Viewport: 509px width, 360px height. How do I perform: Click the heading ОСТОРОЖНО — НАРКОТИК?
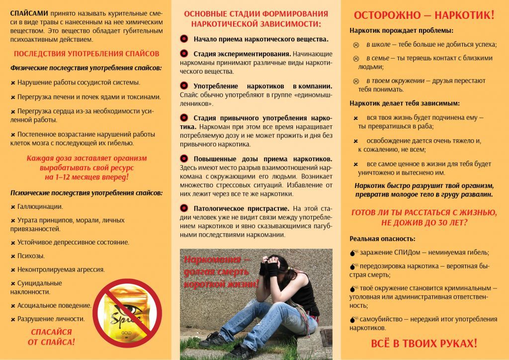tap(424, 15)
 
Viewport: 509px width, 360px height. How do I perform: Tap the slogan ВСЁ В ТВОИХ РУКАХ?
tap(424, 343)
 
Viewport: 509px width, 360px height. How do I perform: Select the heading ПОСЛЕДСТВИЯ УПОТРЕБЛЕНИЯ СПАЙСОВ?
tap(86, 54)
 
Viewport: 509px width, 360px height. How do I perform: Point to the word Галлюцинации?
tap(40, 206)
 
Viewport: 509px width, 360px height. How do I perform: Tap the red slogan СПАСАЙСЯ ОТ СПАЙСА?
tap(52, 337)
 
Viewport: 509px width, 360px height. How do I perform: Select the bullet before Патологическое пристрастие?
tap(184, 208)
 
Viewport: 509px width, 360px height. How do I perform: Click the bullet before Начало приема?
tap(184, 39)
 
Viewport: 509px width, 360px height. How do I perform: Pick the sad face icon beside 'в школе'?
tap(356, 45)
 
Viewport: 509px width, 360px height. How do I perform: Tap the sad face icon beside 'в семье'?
tap(356, 58)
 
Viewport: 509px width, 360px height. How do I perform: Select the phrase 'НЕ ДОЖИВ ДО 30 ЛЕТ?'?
tap(424, 223)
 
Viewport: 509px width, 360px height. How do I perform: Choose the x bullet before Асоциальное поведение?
tap(13, 306)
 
